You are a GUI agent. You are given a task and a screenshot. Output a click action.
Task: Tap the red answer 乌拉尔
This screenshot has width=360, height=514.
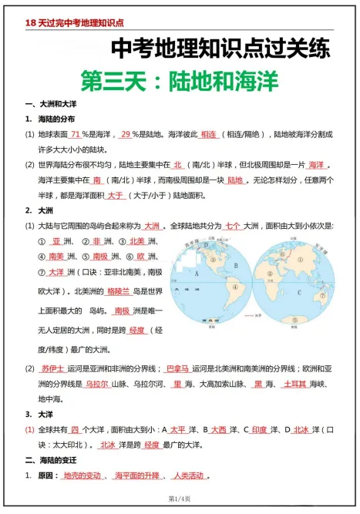coord(96,384)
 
